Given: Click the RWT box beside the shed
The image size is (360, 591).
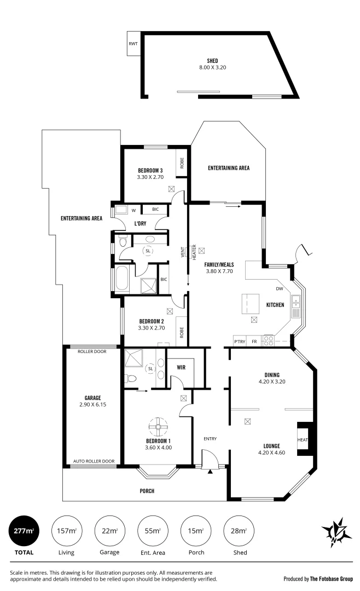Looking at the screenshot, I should point(133,43).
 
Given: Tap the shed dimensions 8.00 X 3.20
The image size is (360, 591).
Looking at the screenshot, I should point(213,68).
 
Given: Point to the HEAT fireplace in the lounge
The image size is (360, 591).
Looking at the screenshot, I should point(303,439).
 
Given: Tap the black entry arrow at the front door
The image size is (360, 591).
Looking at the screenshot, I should point(210,470).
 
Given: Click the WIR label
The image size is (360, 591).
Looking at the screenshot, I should point(181,368).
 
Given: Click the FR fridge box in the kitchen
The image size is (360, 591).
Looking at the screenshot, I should point(254,341).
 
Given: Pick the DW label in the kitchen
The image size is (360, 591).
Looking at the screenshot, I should point(279,288).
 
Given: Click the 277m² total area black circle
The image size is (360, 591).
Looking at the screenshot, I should point(24,530).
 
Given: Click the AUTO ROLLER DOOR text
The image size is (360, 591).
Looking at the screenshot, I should point(94,461).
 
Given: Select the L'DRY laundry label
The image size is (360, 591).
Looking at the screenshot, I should point(142,224).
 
